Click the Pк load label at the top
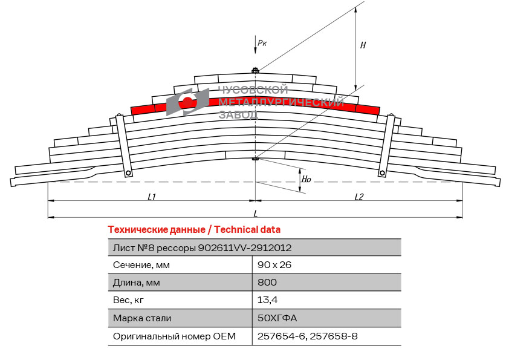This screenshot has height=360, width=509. click(x=262, y=42)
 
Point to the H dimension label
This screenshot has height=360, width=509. click(x=363, y=45)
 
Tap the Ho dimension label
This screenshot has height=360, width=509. click(x=306, y=178)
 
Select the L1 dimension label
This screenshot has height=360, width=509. click(x=152, y=197)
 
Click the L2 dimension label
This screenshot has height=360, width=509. click(x=359, y=197)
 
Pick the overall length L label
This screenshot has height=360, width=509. click(x=256, y=213)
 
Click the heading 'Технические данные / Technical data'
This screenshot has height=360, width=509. click(x=193, y=230)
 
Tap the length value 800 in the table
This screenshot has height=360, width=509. click(x=267, y=282)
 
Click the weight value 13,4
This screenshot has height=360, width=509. click(x=267, y=299)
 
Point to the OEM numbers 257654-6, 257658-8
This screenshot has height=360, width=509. click(x=307, y=336)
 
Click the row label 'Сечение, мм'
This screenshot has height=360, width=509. click(x=141, y=264)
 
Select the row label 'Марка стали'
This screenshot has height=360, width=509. click(x=142, y=318)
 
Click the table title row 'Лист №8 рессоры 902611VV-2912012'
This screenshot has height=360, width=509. click(x=203, y=247)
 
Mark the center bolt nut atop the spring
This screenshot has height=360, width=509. click(x=255, y=71)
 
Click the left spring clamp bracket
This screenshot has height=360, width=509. click(x=123, y=145)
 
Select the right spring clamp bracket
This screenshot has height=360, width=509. click(x=386, y=145)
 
